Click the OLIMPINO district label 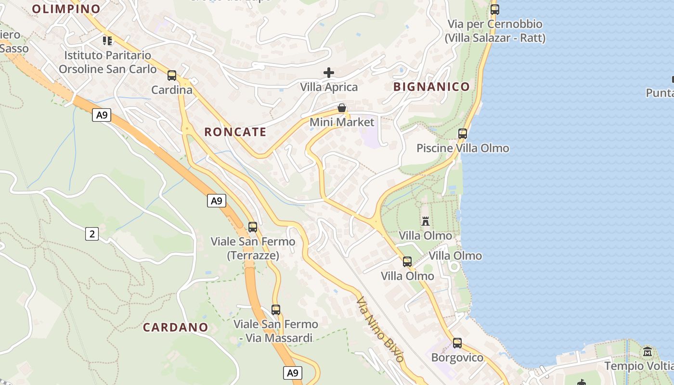[66, 9]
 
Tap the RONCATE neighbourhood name [235, 132]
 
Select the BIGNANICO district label [431, 87]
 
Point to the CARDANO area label [176, 328]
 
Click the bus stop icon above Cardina [172, 76]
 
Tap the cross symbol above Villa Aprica [329, 73]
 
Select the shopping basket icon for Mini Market [342, 108]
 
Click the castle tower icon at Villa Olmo [426, 221]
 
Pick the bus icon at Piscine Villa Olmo [463, 134]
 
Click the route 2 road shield [92, 234]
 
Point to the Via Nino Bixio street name [380, 329]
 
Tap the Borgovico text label [457, 358]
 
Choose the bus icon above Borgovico [457, 343]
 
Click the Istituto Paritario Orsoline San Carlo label [108, 63]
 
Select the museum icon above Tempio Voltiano [648, 351]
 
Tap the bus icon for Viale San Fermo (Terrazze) [253, 227]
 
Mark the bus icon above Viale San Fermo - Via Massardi [276, 310]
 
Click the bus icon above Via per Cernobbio [495, 9]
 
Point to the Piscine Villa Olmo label [463, 148]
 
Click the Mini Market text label [342, 122]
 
